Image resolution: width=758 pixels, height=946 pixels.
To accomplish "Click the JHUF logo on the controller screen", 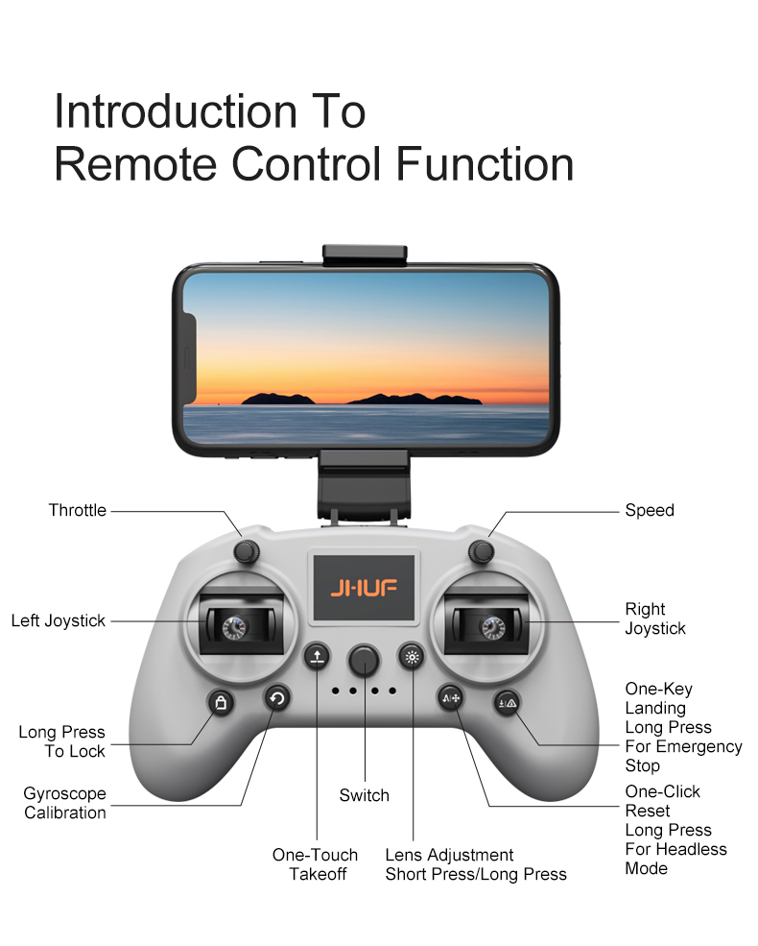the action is pyautogui.click(x=364, y=588).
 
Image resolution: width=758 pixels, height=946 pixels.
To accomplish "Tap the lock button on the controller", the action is pyautogui.click(x=221, y=703).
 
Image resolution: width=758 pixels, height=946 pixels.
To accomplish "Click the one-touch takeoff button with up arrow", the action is pyautogui.click(x=317, y=657).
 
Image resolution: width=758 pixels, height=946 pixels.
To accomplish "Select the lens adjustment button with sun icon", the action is pyautogui.click(x=412, y=656).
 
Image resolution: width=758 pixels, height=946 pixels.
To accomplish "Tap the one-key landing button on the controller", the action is pyautogui.click(x=508, y=703).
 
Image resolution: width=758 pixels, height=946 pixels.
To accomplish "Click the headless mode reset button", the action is pyautogui.click(x=451, y=698).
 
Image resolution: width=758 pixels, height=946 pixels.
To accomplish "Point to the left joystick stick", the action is pyautogui.click(x=234, y=628).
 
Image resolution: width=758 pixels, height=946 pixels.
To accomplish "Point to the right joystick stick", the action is pyautogui.click(x=492, y=628).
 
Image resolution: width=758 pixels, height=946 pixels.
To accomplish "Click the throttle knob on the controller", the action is pyautogui.click(x=246, y=551).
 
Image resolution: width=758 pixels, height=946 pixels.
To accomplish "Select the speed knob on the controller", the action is pyautogui.click(x=482, y=551).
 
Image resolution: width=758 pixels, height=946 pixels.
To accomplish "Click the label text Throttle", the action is pyautogui.click(x=77, y=510).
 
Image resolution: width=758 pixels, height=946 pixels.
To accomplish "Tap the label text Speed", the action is pyautogui.click(x=650, y=510).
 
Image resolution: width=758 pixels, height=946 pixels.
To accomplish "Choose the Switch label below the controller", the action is pyautogui.click(x=364, y=795).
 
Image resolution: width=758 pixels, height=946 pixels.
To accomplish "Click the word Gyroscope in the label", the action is pyautogui.click(x=64, y=793).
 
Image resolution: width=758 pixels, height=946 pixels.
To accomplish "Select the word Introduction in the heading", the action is pyautogui.click(x=176, y=111).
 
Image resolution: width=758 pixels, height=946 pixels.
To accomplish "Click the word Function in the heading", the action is pyautogui.click(x=485, y=164).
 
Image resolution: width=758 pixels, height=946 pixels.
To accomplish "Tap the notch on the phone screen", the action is pyautogui.click(x=189, y=358).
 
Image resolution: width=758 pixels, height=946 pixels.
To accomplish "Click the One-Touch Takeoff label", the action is pyautogui.click(x=315, y=864).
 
